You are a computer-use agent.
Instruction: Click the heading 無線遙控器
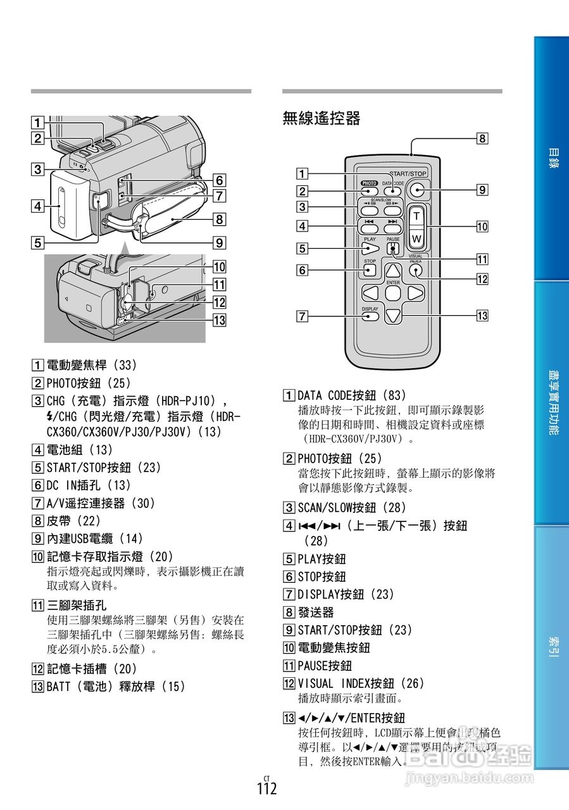(x=322, y=118)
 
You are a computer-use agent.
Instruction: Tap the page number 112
(x=267, y=789)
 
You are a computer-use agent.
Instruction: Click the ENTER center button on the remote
(x=393, y=293)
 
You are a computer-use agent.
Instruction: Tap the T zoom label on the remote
(x=416, y=216)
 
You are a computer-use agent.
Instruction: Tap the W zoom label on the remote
(x=416, y=239)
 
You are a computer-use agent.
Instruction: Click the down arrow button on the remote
(x=393, y=315)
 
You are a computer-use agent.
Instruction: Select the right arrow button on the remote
(x=415, y=293)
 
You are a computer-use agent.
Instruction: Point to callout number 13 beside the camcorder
(x=220, y=320)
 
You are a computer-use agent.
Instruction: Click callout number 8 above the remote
(x=482, y=138)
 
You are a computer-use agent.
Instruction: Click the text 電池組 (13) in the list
(x=79, y=450)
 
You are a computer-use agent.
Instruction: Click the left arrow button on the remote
(x=371, y=293)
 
